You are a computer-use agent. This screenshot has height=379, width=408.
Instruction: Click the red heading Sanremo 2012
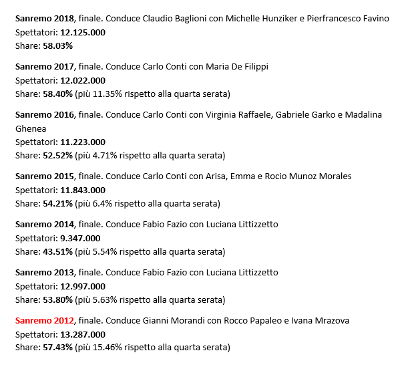point(45,321)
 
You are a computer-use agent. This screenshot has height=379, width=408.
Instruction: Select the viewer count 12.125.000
point(83,32)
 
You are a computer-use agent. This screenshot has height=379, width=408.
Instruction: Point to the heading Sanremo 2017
point(45,67)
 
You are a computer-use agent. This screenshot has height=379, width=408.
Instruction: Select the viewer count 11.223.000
point(83,142)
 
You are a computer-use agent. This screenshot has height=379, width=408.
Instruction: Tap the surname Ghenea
point(31,128)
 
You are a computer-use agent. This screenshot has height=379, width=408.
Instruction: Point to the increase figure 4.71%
point(107,155)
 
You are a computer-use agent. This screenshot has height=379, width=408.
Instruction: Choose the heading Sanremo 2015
point(45,176)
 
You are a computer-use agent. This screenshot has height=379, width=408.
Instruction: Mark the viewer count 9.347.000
point(80,238)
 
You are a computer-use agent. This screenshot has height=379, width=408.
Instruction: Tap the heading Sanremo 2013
point(45,273)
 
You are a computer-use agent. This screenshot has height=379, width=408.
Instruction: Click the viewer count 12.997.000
point(83,286)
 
